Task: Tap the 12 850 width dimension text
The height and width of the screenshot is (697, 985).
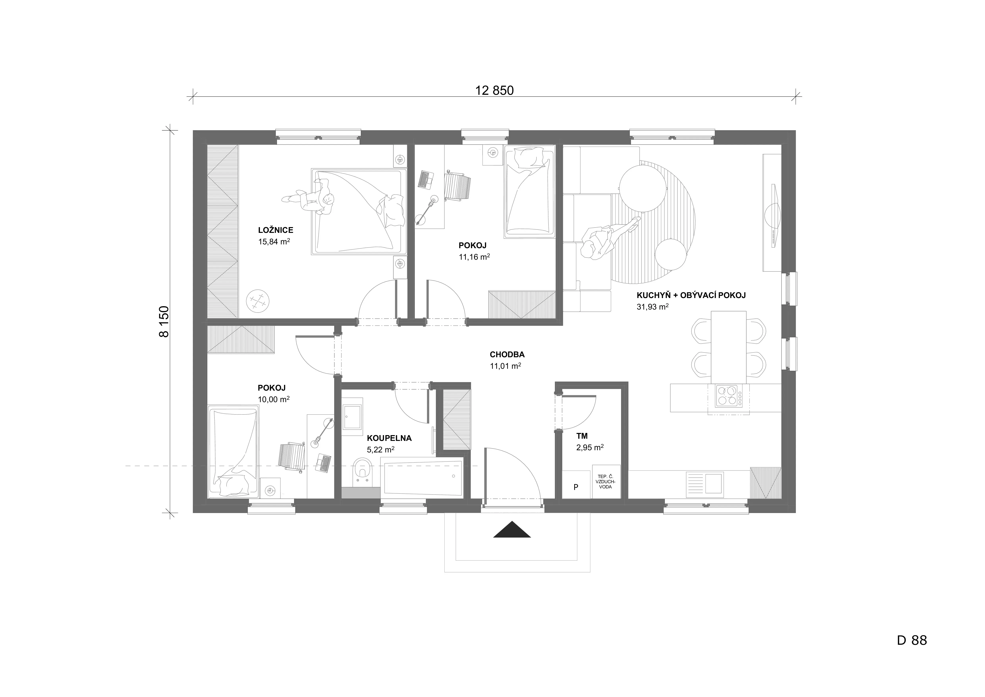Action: click(x=494, y=91)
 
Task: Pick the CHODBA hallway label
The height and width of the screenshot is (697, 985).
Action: click(x=507, y=354)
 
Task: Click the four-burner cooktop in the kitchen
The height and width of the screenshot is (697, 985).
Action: click(x=728, y=396)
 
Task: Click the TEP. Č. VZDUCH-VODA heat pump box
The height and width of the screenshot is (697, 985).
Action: click(x=606, y=482)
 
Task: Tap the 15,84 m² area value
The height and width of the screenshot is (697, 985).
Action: click(x=274, y=242)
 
